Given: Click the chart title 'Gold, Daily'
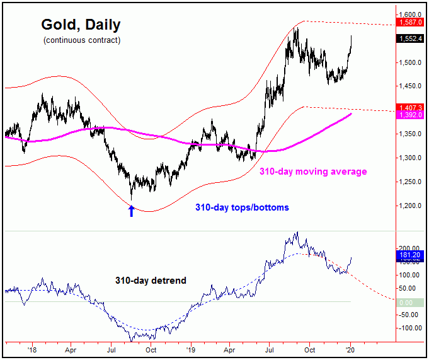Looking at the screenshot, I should [81, 25].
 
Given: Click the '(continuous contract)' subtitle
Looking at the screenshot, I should [81, 40].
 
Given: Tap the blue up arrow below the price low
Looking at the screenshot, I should [131, 211].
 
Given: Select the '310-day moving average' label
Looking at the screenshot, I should [313, 171].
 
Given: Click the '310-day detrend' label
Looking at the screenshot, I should [151, 281].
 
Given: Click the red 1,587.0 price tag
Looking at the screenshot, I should [410, 22].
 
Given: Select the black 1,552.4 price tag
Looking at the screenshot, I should [410, 38].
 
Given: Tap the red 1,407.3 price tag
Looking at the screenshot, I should [410, 108].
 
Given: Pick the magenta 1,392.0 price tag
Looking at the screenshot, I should [410, 115].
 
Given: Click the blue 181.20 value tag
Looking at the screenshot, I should [410, 255].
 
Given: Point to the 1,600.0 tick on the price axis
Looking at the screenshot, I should [410, 14].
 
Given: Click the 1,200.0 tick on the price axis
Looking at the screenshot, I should [410, 206].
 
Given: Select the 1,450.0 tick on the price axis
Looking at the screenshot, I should [410, 86].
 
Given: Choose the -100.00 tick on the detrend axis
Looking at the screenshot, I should [409, 328].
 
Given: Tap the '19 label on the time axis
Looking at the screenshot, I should [189, 347].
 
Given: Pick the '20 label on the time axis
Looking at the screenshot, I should [350, 347].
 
